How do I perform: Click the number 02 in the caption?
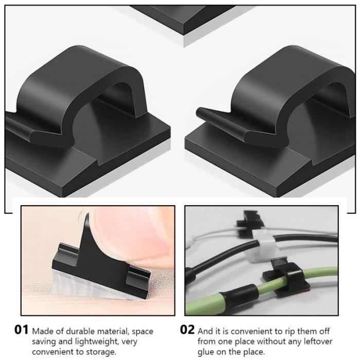(x=188, y=330)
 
